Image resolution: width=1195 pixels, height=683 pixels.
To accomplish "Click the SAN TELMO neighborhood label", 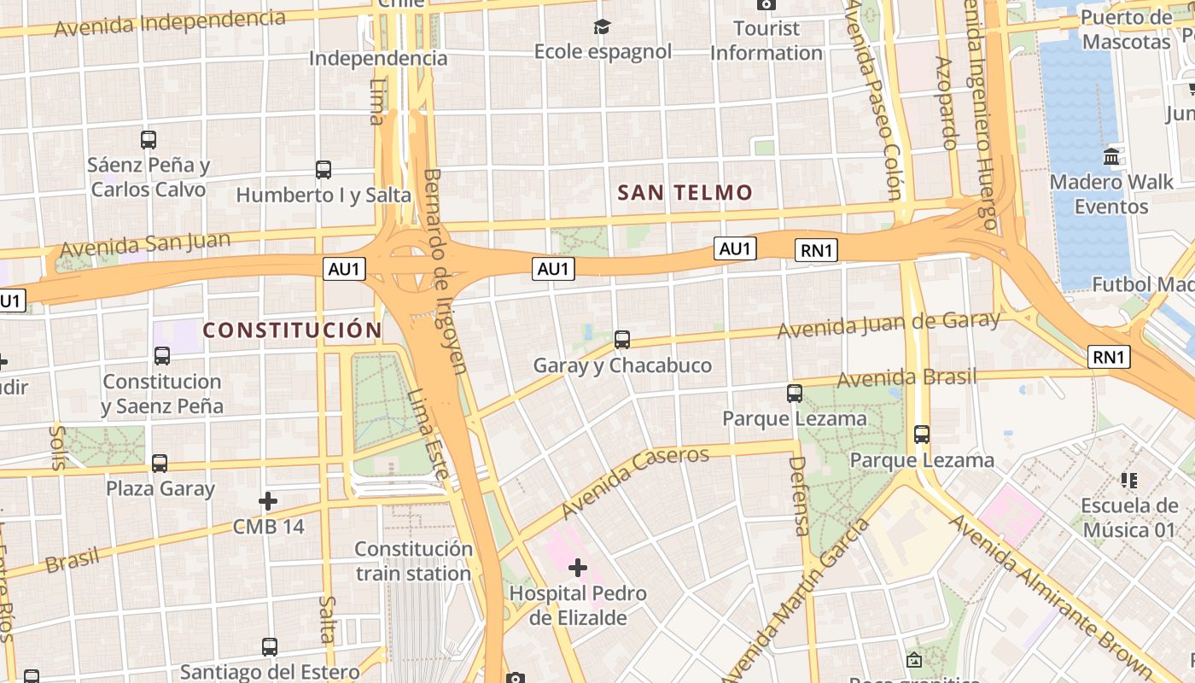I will [x=685, y=193].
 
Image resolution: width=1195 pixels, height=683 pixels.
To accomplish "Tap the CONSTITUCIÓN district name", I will [x=292, y=330].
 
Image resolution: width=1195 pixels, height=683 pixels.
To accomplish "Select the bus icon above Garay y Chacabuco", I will [x=622, y=340].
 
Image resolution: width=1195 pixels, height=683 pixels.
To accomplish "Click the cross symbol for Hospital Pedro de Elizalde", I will [x=578, y=567].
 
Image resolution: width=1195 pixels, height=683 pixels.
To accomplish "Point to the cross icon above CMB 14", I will [x=268, y=500].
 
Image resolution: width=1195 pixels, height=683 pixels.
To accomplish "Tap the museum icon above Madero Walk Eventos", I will [x=1111, y=157].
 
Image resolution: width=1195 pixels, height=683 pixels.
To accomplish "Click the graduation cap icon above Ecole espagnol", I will [x=603, y=27].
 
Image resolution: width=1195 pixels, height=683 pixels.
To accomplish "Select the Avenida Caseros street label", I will [x=635, y=482].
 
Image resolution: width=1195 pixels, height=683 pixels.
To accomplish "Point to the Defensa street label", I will [x=799, y=496].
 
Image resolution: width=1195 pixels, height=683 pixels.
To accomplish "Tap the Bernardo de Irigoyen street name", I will [x=445, y=271].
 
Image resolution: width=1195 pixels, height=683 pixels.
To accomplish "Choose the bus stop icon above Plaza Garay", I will [x=160, y=464].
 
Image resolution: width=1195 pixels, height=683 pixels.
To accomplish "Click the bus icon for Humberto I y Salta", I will [x=324, y=170].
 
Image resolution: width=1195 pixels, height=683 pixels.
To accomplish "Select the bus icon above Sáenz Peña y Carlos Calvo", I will [x=149, y=140].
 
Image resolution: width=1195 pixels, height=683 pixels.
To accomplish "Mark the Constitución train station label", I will [x=413, y=561].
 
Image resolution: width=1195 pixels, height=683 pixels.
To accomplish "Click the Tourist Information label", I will [x=766, y=40].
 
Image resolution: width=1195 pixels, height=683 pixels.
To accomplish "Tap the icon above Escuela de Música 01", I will [x=1129, y=481].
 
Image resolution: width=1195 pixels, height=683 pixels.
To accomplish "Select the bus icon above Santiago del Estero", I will [x=270, y=647].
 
